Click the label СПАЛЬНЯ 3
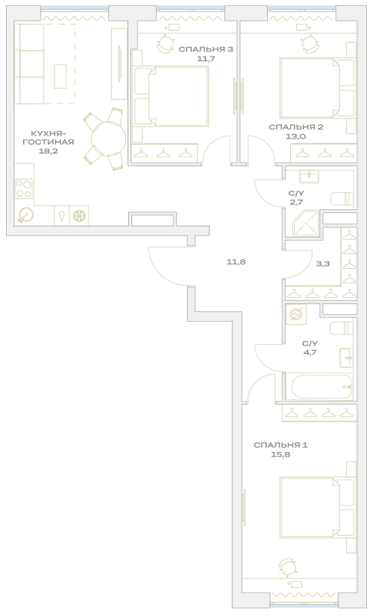(x=206, y=49)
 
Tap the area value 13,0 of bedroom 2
(x=296, y=136)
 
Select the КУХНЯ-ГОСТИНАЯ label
(x=48, y=137)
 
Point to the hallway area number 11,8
(x=236, y=261)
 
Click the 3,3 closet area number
(x=323, y=264)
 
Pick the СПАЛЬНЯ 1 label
(x=281, y=445)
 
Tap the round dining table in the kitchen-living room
(x=108, y=139)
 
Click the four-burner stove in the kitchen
(x=24, y=188)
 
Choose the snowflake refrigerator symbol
(x=79, y=215)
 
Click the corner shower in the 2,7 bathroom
(x=305, y=223)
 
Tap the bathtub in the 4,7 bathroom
(x=322, y=386)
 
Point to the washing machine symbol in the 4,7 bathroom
(x=296, y=313)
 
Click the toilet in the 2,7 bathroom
(x=342, y=198)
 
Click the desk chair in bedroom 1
(x=287, y=565)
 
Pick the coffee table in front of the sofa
(x=60, y=76)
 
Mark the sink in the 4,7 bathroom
(x=346, y=357)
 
